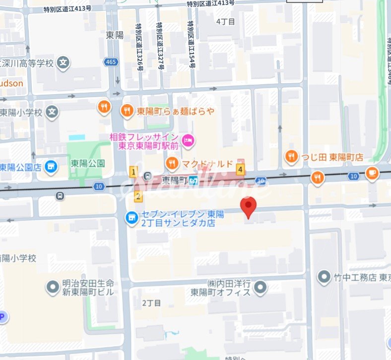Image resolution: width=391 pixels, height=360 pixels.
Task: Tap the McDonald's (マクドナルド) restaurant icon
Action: coord(172,163)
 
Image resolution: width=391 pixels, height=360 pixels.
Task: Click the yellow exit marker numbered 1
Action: coord(133,172)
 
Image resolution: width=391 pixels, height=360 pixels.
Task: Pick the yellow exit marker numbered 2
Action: coord(138,196)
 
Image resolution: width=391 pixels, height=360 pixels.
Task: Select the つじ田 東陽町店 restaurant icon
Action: coord(291,157)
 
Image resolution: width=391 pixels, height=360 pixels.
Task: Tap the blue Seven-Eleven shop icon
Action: coord(131,218)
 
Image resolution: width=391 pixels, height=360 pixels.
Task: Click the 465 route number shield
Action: coord(111,62)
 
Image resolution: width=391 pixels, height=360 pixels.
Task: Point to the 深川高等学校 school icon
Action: coord(63,62)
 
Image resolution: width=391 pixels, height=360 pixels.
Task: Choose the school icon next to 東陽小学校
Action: coord(52,112)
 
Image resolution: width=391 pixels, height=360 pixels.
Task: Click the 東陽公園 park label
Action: coord(88,163)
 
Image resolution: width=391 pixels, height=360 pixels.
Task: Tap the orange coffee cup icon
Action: coord(372,173)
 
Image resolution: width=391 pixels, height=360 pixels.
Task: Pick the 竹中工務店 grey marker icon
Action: coord(325,277)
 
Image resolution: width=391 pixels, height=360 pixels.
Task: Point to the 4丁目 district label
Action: coord(226,21)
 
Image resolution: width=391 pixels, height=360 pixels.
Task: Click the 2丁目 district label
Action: coord(151,302)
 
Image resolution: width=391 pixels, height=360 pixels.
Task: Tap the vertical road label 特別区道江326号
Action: coord(139,48)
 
